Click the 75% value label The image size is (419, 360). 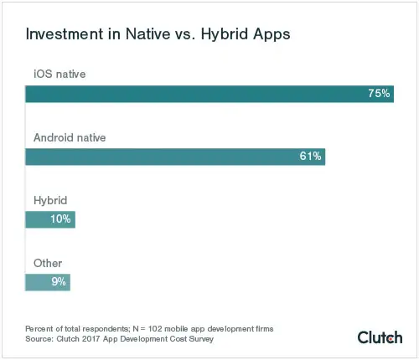tap(380, 94)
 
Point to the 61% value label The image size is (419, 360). tap(310, 157)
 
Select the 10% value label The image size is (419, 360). tap(61, 219)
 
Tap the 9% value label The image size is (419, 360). tap(59, 282)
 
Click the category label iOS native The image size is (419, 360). tap(60, 74)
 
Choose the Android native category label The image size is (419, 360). tap(69, 136)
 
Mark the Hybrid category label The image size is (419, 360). tap(49, 200)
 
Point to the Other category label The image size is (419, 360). tap(48, 263)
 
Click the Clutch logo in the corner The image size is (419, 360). tap(380, 337)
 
